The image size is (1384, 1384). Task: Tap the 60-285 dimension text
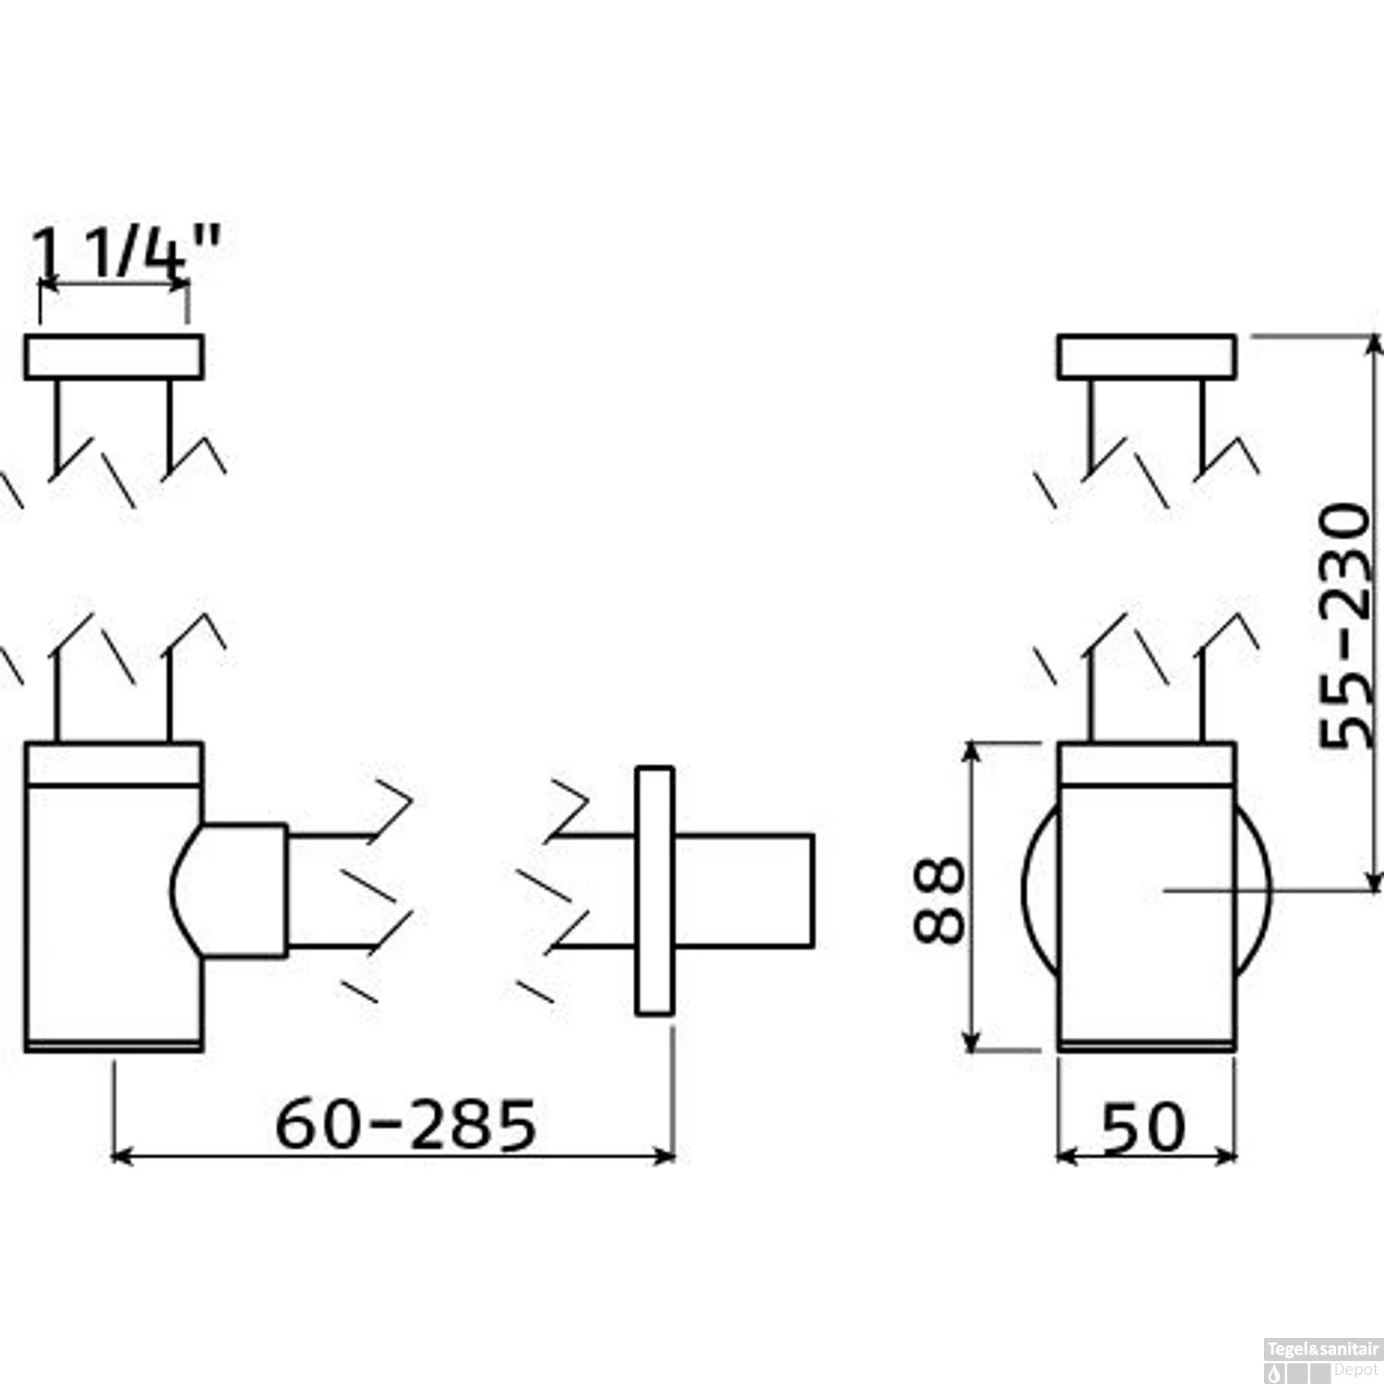(x=406, y=1124)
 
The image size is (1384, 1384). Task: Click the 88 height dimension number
(x=939, y=900)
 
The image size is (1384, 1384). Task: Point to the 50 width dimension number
(x=1144, y=1127)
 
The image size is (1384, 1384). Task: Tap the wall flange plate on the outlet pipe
(x=654, y=890)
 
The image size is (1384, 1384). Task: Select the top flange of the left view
(x=113, y=357)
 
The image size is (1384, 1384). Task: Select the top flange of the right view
(x=1147, y=357)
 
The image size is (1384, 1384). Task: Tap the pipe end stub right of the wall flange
(x=744, y=890)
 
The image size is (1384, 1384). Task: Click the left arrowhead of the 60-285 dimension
(x=120, y=1155)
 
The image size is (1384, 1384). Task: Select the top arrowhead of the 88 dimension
(x=970, y=752)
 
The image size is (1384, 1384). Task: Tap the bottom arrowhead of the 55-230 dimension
(x=1375, y=881)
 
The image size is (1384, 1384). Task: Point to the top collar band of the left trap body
(x=113, y=764)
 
